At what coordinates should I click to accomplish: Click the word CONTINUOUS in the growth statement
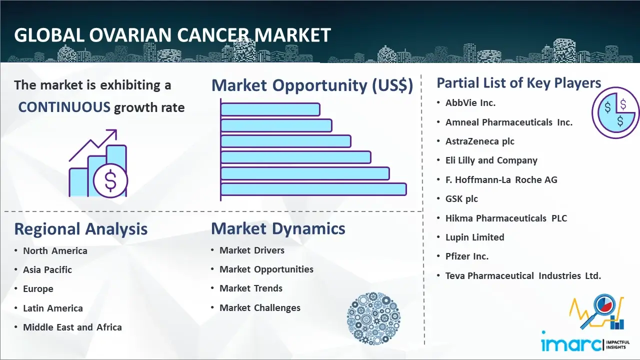click(x=64, y=107)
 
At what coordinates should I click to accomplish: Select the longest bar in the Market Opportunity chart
click(x=313, y=189)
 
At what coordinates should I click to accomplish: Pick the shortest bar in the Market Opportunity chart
click(x=270, y=109)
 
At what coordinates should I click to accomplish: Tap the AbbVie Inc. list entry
click(x=470, y=103)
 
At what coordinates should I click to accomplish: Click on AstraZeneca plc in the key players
click(x=479, y=141)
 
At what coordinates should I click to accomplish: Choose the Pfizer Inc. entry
click(x=467, y=256)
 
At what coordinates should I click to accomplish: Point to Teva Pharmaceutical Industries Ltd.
click(x=523, y=275)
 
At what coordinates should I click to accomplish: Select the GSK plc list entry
click(x=461, y=199)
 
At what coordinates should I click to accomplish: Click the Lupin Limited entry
click(x=474, y=237)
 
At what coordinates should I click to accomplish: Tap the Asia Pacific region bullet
click(x=47, y=269)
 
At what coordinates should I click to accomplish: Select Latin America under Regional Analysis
click(x=53, y=308)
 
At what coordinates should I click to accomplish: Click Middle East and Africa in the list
click(x=72, y=327)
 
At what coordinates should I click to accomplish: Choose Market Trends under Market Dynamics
click(x=251, y=288)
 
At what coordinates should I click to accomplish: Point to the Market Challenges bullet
click(x=260, y=307)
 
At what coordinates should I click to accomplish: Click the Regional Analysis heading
click(x=81, y=229)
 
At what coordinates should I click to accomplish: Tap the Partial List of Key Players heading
click(x=519, y=83)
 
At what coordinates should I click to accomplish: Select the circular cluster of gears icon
click(x=373, y=318)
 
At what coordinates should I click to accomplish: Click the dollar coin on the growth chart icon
click(x=110, y=181)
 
